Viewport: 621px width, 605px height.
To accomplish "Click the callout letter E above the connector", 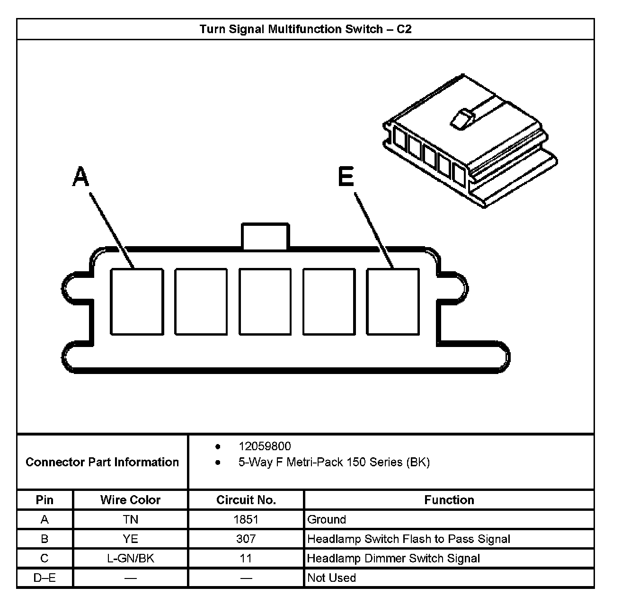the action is click(x=346, y=177).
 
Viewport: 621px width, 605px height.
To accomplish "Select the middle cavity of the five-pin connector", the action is click(x=265, y=302).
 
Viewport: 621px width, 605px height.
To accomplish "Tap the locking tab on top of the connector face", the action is click(x=265, y=236).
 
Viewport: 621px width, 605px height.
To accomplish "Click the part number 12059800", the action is click(x=265, y=446).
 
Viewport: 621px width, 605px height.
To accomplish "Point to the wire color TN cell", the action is click(x=131, y=520).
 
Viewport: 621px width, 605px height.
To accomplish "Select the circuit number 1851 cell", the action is click(x=246, y=520).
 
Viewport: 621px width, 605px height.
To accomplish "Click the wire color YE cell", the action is click(x=131, y=539).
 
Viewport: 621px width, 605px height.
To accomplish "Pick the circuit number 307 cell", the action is click(x=246, y=539).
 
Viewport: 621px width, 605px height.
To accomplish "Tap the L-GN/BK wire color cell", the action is click(x=131, y=559).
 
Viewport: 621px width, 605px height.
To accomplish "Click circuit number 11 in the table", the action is click(x=246, y=559).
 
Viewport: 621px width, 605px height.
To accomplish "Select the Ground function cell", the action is click(x=327, y=520).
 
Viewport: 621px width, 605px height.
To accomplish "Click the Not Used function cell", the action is click(x=331, y=578).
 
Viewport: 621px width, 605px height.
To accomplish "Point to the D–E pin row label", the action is click(x=44, y=578).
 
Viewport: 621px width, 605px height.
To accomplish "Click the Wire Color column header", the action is click(x=131, y=500).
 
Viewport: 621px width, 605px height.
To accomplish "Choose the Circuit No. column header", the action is click(x=246, y=500).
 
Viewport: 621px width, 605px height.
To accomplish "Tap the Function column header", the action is click(x=449, y=500).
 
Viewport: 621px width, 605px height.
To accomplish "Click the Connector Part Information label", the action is click(x=102, y=462).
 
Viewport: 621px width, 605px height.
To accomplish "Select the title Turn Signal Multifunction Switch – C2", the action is click(x=305, y=29).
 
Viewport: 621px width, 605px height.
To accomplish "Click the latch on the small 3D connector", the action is click(x=461, y=118).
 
